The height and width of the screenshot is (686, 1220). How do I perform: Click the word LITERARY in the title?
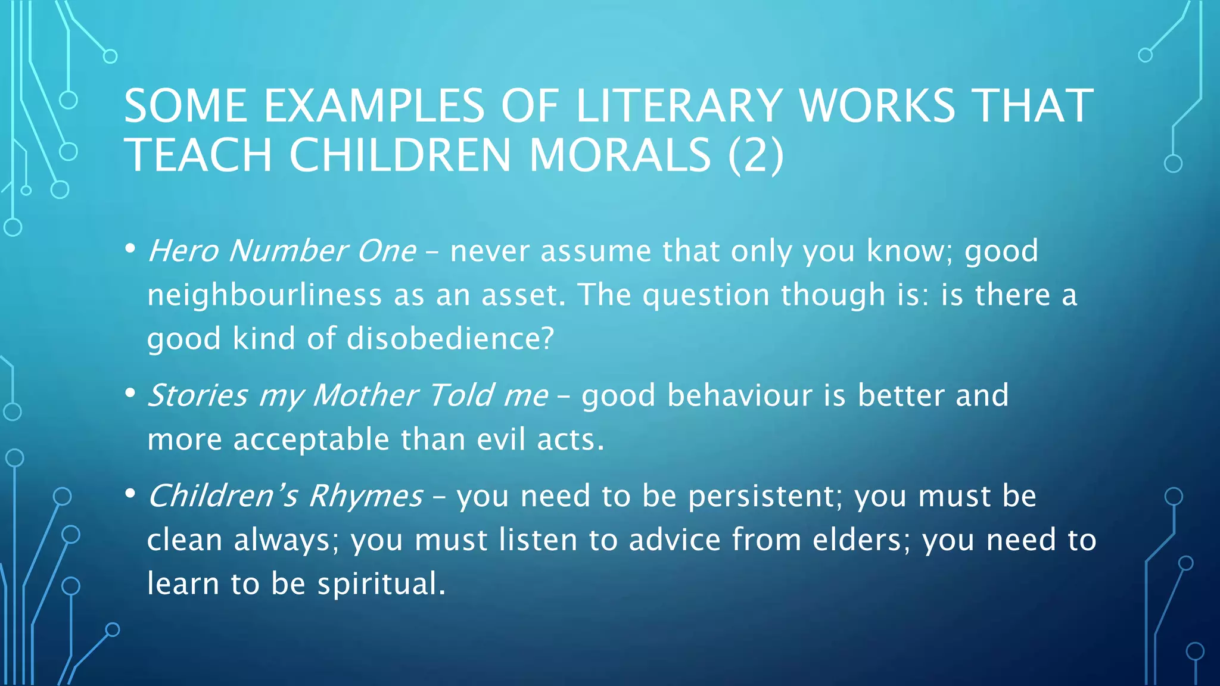(679, 106)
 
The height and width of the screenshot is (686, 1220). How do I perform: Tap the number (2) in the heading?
(755, 155)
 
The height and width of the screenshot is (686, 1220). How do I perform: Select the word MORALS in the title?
(620, 155)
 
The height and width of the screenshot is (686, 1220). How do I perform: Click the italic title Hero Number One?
(282, 251)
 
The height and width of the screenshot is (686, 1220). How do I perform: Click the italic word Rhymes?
(365, 496)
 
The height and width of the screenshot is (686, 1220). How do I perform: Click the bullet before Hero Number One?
(130, 248)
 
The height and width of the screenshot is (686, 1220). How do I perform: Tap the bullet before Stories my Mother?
(130, 393)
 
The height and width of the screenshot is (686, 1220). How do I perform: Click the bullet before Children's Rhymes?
(130, 494)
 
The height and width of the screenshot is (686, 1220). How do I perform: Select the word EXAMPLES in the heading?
(374, 106)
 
